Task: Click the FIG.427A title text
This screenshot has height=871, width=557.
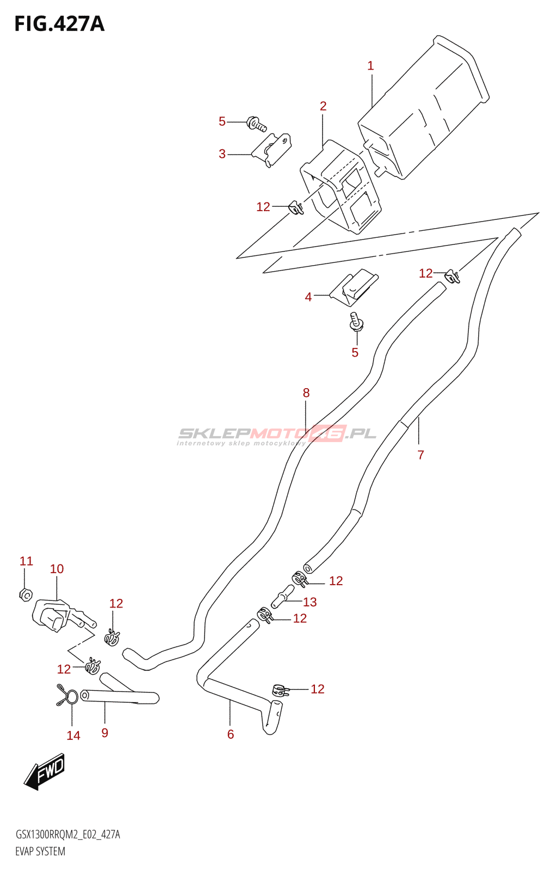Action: pyautogui.click(x=59, y=24)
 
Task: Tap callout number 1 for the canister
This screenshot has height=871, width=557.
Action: pyautogui.click(x=370, y=66)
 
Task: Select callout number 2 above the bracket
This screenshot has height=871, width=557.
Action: pyautogui.click(x=323, y=106)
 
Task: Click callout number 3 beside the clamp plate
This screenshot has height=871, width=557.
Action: pyautogui.click(x=222, y=154)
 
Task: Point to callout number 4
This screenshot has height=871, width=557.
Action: pyautogui.click(x=308, y=297)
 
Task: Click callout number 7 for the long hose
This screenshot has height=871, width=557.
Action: pyautogui.click(x=420, y=455)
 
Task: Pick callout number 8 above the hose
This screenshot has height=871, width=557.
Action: pyautogui.click(x=306, y=393)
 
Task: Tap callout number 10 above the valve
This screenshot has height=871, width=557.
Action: pyautogui.click(x=57, y=569)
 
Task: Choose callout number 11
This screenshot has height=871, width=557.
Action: pyautogui.click(x=26, y=561)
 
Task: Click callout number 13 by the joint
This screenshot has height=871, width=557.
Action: pyautogui.click(x=310, y=602)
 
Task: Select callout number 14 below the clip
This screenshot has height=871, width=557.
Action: pyautogui.click(x=73, y=736)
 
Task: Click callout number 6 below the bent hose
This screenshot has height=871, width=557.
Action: pyautogui.click(x=231, y=735)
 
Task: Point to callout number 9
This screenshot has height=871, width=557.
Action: pyautogui.click(x=105, y=733)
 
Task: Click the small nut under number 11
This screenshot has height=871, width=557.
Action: pyautogui.click(x=25, y=595)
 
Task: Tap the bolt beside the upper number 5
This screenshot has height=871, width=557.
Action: pyautogui.click(x=256, y=124)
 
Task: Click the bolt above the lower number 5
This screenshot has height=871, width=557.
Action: pyautogui.click(x=356, y=322)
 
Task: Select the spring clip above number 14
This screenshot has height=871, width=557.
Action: pyautogui.click(x=69, y=695)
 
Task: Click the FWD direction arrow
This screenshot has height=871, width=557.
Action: pyautogui.click(x=45, y=771)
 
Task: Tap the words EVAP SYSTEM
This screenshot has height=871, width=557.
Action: pyautogui.click(x=40, y=851)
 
